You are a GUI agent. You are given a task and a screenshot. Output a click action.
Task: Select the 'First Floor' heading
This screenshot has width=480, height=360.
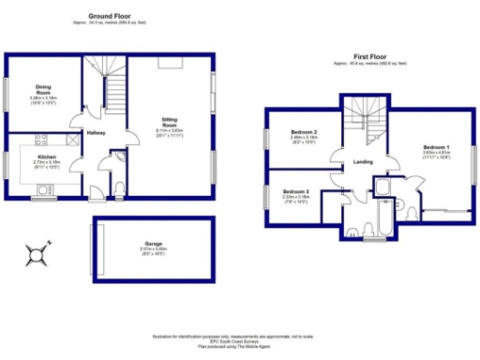[369, 58]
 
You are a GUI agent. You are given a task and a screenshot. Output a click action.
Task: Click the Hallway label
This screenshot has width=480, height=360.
[96, 132]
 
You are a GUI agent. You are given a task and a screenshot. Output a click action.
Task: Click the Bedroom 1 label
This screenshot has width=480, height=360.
[436, 148]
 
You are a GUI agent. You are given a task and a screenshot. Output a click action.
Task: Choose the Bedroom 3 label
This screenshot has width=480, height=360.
[295, 191]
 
